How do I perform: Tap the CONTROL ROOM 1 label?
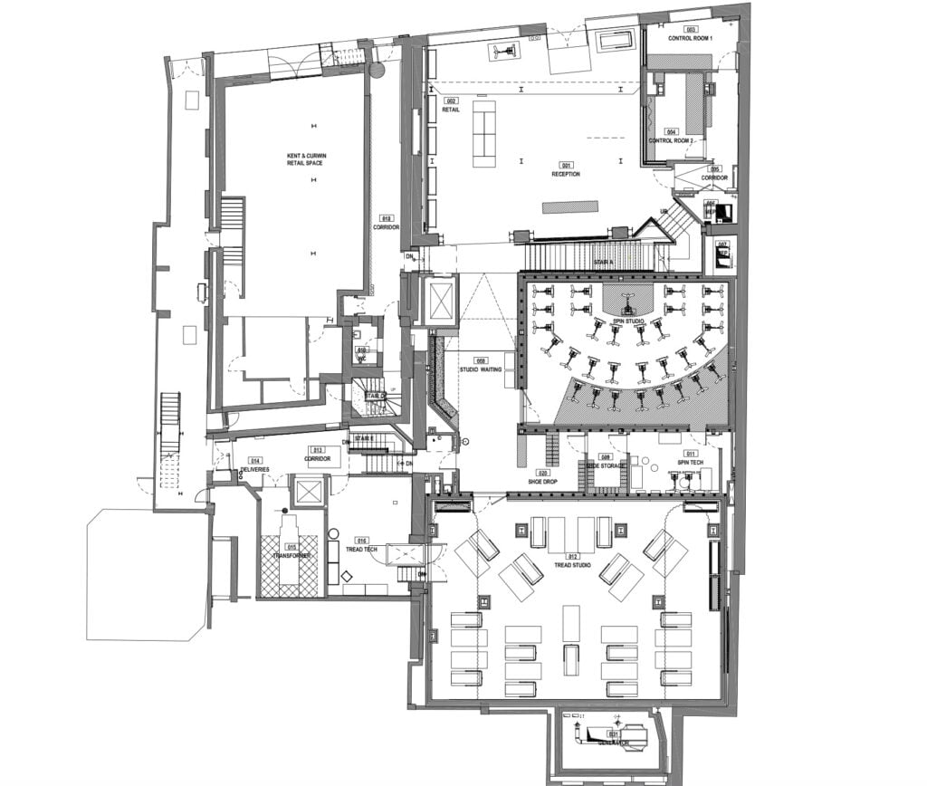691,38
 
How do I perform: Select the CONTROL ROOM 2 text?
671,141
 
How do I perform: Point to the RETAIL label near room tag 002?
451,109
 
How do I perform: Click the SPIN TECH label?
691,462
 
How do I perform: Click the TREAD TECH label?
360,549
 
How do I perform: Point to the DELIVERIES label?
254,469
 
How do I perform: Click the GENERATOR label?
613,743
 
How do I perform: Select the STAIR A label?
604,261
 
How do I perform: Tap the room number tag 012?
572,556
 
